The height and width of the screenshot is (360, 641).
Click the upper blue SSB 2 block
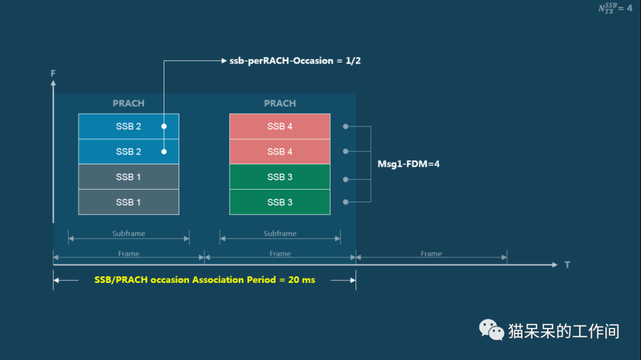(128, 126)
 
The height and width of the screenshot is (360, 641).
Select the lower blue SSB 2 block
(128, 152)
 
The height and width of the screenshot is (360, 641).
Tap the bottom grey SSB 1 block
(128, 202)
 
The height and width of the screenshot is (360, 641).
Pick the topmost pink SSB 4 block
(280, 126)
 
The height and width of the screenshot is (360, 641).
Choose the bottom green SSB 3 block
(280, 202)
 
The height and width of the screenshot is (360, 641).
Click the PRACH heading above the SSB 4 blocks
(280, 103)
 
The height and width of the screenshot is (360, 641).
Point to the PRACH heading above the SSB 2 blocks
(128, 103)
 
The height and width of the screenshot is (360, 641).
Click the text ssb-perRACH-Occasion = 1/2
(295, 61)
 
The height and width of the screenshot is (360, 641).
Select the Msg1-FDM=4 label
(408, 164)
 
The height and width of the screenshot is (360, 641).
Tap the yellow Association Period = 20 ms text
(205, 280)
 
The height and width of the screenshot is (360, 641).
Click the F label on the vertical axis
(53, 73)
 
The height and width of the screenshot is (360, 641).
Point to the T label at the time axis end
(567, 265)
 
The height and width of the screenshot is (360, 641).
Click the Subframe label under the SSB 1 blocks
(129, 233)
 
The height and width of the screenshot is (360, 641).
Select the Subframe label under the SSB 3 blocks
(280, 233)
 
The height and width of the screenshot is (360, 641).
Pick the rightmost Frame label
(431, 254)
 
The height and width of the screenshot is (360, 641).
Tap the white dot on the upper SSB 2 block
(164, 126)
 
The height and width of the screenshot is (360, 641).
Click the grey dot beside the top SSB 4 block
(345, 127)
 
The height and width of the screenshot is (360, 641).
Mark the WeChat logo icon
(491, 330)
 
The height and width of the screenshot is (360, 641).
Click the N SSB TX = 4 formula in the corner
(615, 8)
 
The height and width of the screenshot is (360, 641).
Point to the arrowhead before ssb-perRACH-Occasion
(224, 61)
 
